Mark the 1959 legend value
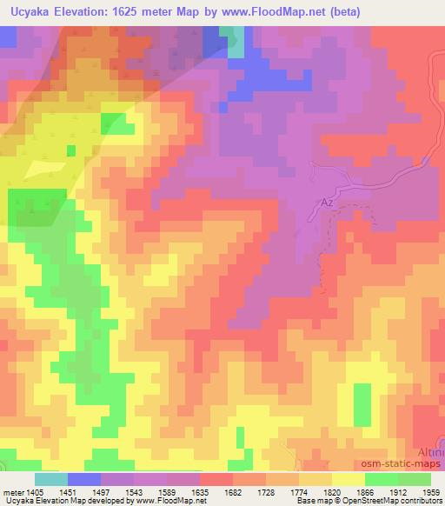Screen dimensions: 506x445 click(x=430, y=492)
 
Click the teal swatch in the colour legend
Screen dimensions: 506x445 click(x=51, y=479)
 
